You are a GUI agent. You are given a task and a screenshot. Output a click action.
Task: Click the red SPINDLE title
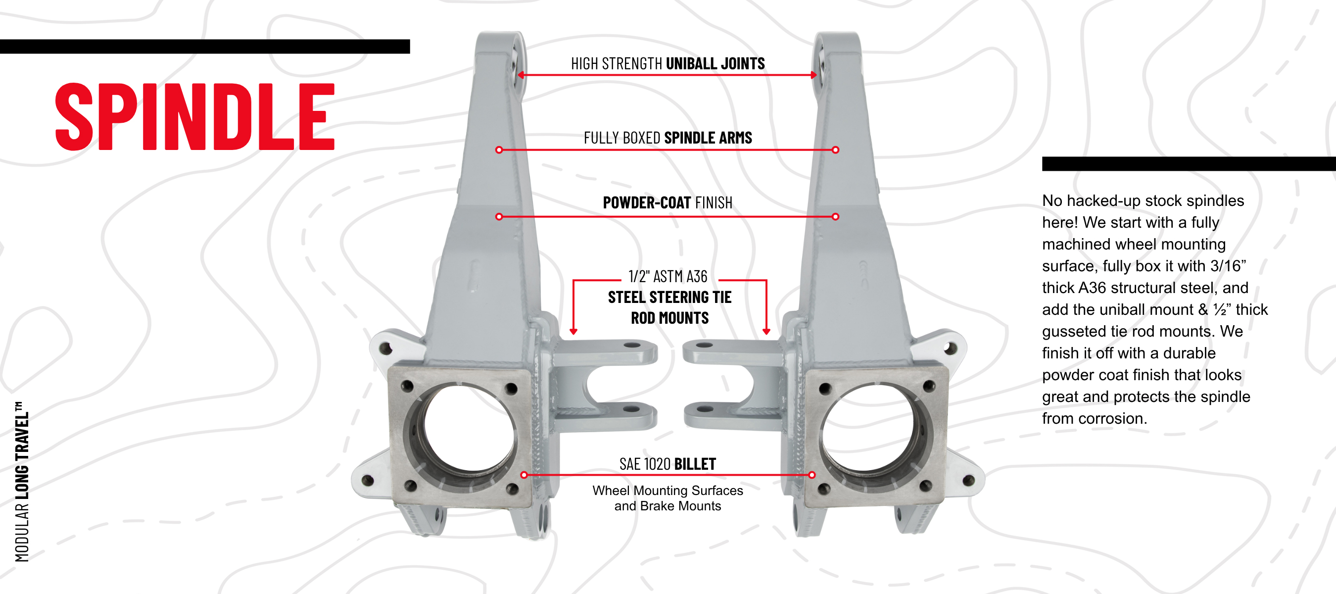coord(194,117)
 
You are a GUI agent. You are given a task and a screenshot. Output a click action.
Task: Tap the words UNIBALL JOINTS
coord(715,64)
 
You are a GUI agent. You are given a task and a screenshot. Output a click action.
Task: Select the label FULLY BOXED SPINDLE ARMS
coord(668,138)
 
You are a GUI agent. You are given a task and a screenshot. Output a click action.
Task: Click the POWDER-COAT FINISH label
coord(668,202)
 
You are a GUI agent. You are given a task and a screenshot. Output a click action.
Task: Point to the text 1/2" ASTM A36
coord(668,277)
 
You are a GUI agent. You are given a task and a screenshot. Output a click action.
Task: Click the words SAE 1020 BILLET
coord(668,464)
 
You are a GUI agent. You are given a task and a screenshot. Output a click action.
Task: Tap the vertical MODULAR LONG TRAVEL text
coord(22,481)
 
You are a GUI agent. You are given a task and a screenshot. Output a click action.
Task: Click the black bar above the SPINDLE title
coord(205,47)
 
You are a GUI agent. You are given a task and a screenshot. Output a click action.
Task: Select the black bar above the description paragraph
coord(1188,163)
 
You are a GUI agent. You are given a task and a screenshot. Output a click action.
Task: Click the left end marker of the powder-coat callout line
coord(499,216)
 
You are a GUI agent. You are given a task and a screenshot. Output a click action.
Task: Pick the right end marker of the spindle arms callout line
coord(835,150)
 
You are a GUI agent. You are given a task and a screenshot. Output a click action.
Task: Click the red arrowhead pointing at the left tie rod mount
coord(573,331)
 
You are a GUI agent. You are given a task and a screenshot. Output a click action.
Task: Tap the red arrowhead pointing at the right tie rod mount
coord(766,331)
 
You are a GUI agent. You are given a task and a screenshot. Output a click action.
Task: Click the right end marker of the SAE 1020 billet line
coord(811,475)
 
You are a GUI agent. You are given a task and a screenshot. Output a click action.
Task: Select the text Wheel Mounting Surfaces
coord(668,490)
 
